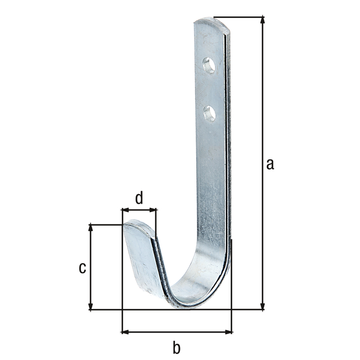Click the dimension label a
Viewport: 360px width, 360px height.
click(270, 164)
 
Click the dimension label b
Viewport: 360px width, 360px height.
click(177, 348)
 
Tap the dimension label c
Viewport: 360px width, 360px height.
click(82, 268)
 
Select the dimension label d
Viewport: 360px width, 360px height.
click(139, 197)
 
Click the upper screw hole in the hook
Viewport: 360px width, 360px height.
click(209, 65)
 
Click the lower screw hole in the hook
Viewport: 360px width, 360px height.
click(209, 114)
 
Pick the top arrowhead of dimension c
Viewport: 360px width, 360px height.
click(91, 227)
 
